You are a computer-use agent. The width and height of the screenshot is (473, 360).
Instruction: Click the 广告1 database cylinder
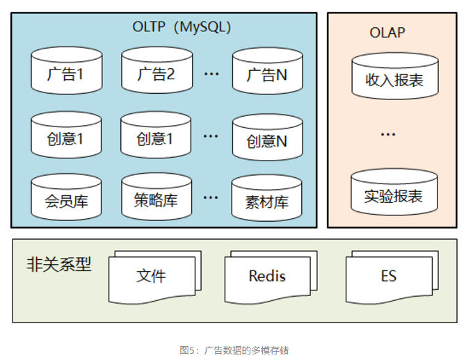coord(66,72)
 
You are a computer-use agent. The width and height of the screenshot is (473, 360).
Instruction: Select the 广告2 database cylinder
coord(156,72)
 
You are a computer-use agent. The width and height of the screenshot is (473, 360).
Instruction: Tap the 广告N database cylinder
coord(266,74)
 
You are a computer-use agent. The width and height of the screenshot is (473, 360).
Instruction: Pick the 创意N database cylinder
coord(266,140)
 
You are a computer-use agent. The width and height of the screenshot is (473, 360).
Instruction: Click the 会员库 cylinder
coord(66,200)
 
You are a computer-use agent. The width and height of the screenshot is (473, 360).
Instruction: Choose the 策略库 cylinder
coord(156,200)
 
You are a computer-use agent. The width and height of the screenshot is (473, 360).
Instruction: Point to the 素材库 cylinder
coord(266,202)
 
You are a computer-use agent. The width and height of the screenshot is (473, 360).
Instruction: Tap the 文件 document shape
coord(151,276)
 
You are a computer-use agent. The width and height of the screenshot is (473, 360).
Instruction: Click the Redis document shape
coord(267,276)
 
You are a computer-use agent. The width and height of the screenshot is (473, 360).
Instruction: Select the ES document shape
coord(388,276)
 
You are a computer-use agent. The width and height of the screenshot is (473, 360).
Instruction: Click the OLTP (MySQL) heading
coord(182,27)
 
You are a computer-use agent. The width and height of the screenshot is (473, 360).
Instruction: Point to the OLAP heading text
coord(387,33)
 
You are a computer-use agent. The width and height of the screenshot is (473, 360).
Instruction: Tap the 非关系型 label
coord(58,264)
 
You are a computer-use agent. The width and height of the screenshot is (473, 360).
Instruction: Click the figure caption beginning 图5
coord(234,350)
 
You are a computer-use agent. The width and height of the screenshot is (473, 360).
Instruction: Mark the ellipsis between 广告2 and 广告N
coord(211,73)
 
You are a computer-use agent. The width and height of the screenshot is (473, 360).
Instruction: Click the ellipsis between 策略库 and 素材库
coord(211,197)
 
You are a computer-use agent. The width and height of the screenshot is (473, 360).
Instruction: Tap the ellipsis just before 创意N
coord(211,136)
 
